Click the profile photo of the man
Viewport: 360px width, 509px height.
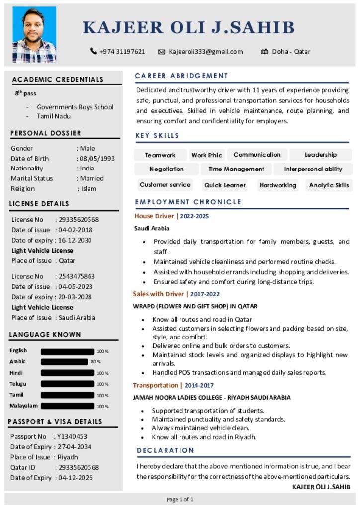click(x=34, y=34)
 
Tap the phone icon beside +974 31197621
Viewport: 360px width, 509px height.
click(x=93, y=51)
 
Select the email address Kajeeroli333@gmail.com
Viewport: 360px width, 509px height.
click(x=205, y=51)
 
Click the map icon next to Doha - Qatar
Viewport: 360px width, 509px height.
click(x=264, y=51)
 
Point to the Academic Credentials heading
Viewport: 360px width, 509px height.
click(x=58, y=79)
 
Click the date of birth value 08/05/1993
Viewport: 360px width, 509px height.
click(x=96, y=158)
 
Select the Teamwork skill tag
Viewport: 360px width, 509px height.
click(x=160, y=155)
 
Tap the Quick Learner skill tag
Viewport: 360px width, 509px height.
click(x=225, y=185)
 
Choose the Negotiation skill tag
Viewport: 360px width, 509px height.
click(x=167, y=169)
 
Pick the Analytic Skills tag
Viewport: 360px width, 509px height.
click(x=329, y=185)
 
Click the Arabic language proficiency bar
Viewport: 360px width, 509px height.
click(x=64, y=362)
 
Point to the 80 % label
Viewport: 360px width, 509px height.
click(x=96, y=362)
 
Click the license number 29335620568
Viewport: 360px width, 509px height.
click(x=79, y=219)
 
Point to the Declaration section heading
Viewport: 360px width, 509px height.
click(x=166, y=450)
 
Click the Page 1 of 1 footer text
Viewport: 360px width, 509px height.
click(x=180, y=499)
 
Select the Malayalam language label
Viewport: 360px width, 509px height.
click(x=23, y=406)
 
